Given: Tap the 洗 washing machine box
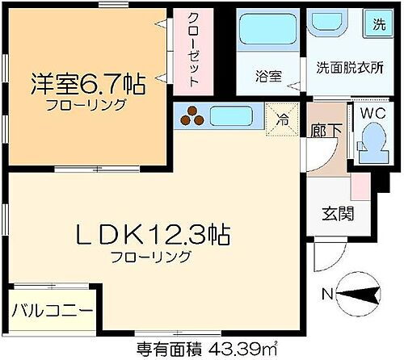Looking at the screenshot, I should point(378,24).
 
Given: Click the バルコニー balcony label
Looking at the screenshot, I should point(53,310).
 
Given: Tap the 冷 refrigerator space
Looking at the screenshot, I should point(283,117).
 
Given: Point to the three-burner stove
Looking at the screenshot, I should point(192,117).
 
